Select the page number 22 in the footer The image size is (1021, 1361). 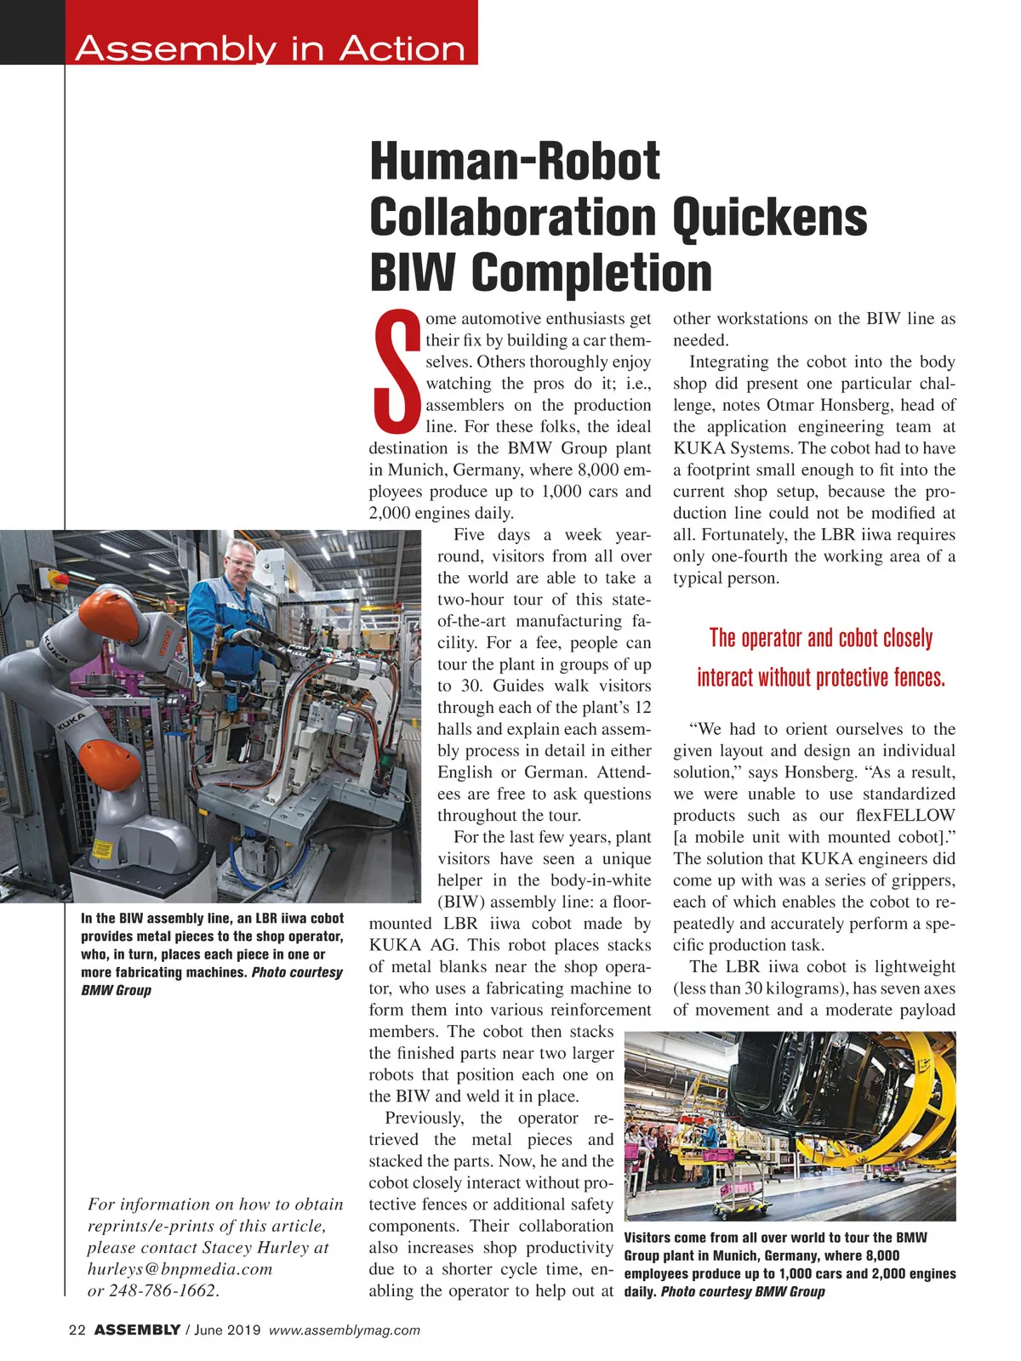pos(77,1330)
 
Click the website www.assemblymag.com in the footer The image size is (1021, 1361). pos(345,1330)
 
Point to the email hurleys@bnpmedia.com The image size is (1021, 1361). pos(180,1269)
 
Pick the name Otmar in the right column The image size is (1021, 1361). pos(790,405)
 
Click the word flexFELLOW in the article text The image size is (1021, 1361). pos(905,816)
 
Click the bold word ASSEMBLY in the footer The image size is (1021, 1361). pos(136,1330)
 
